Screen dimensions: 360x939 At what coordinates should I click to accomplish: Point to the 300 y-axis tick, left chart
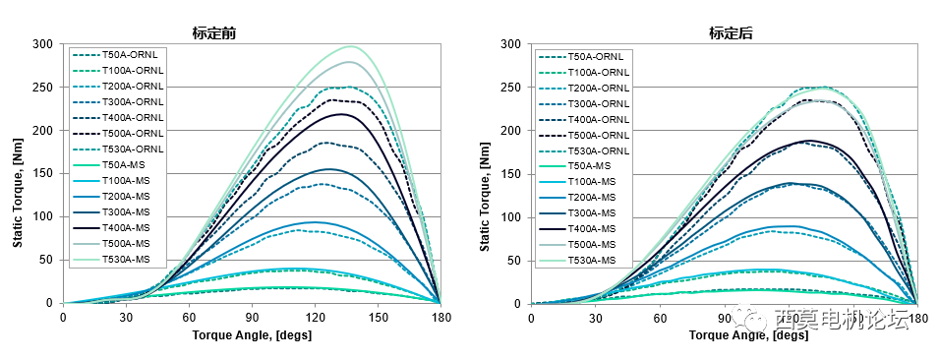(x=42, y=44)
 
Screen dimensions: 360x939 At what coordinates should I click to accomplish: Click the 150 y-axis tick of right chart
(x=509, y=174)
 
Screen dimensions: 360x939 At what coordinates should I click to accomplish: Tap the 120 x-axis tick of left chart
(x=315, y=317)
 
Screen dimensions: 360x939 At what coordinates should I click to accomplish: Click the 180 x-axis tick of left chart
(x=440, y=317)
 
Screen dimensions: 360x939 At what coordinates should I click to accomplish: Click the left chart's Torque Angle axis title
(x=251, y=334)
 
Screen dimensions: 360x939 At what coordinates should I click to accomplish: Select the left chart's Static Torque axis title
(x=18, y=173)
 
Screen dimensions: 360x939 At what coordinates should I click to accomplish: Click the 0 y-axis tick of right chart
(x=517, y=304)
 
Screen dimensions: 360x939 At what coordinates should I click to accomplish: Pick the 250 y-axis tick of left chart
(x=42, y=88)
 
